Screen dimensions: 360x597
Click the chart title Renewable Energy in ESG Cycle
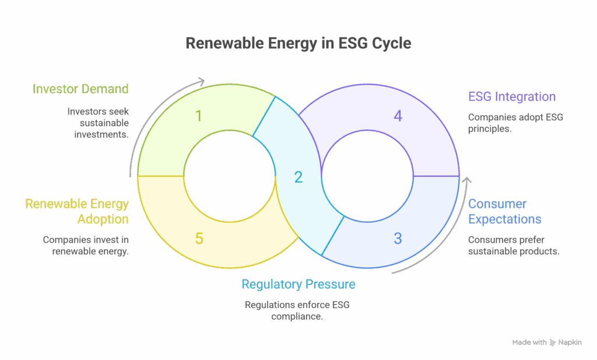coord(298,44)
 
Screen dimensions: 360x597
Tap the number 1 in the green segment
coord(199,116)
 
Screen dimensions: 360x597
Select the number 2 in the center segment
coord(298,177)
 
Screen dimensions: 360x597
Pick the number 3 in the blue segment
coord(398,238)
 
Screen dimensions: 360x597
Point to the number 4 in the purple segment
coord(398,116)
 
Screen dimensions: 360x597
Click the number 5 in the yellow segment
coord(199,238)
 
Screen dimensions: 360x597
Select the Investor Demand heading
coord(80,89)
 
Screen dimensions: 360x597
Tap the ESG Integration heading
coord(512,97)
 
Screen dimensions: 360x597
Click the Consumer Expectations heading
coord(505,211)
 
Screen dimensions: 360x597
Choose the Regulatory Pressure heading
coord(298,285)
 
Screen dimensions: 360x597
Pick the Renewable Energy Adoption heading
coord(77,211)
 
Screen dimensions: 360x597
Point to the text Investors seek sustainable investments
coord(97,123)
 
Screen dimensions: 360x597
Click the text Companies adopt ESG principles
coord(515,123)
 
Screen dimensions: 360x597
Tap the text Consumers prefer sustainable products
coord(514,245)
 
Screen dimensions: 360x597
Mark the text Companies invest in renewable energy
coord(86,245)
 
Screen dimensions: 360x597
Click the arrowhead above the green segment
coord(202,81)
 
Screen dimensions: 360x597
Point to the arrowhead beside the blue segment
coord(465,181)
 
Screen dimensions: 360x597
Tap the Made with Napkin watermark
coord(547,342)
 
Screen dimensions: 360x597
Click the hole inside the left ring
coord(229,176)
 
